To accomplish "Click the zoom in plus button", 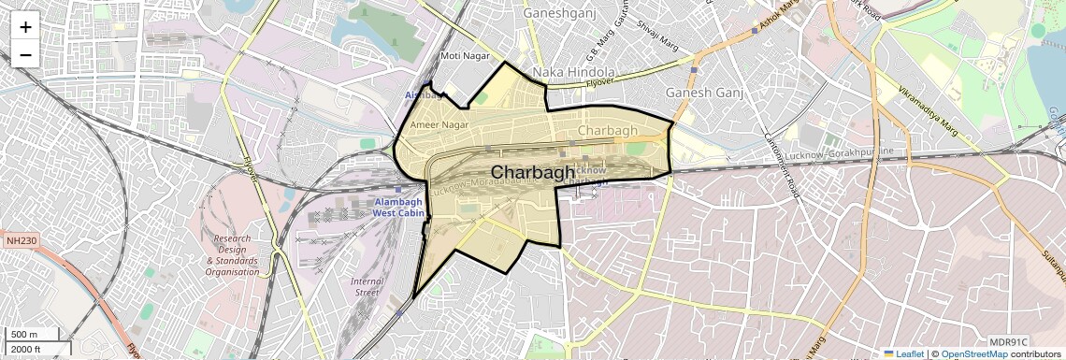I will click(25, 26).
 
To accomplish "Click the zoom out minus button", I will click(25, 54).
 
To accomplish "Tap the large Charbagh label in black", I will click(532, 172).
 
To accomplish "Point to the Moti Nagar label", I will click(465, 56).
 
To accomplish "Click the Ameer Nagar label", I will click(439, 124).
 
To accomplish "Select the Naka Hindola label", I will click(573, 72).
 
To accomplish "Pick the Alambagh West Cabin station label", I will click(398, 208).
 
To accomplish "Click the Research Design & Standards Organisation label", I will click(232, 255).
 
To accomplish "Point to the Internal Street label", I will click(366, 287).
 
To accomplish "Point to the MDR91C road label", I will click(1008, 341).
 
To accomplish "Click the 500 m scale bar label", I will click(23, 335).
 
